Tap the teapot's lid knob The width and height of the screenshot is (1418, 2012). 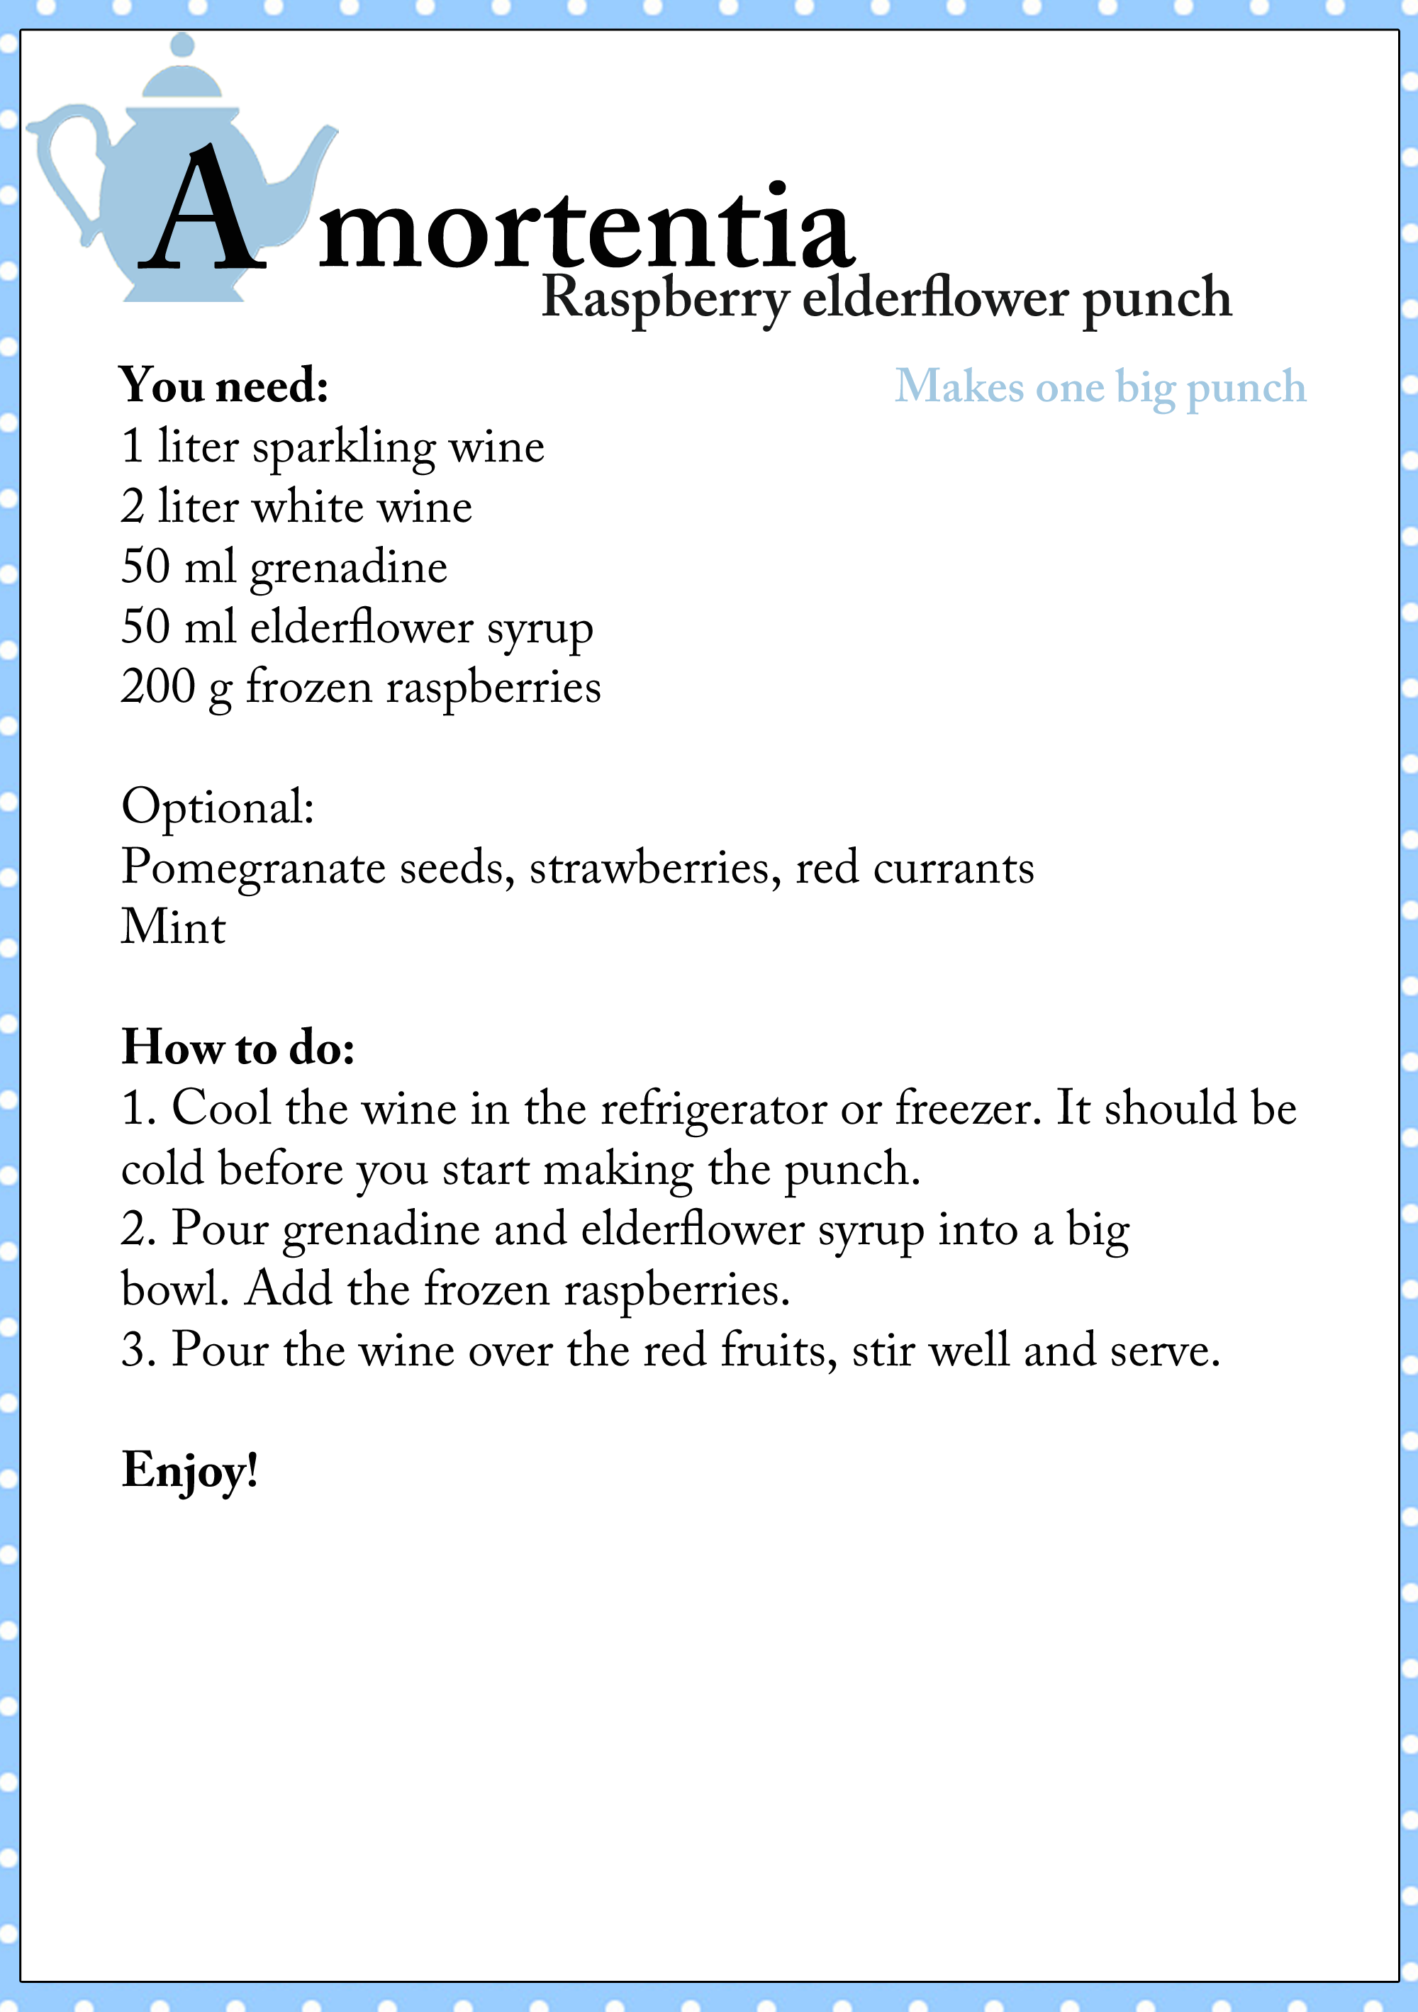click(182, 45)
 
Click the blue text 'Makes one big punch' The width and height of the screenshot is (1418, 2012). click(1100, 386)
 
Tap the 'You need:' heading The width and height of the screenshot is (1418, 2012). click(224, 386)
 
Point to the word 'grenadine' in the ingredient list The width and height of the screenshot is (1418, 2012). click(349, 568)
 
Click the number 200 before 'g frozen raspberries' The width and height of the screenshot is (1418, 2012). click(157, 687)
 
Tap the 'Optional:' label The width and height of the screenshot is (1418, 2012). click(218, 806)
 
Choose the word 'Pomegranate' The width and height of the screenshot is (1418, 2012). click(252, 868)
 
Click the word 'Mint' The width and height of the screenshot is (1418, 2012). click(174, 927)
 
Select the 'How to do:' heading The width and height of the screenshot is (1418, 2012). click(238, 1047)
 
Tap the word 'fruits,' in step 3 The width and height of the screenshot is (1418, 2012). click(774, 1350)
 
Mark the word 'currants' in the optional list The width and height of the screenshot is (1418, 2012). click(954, 868)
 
